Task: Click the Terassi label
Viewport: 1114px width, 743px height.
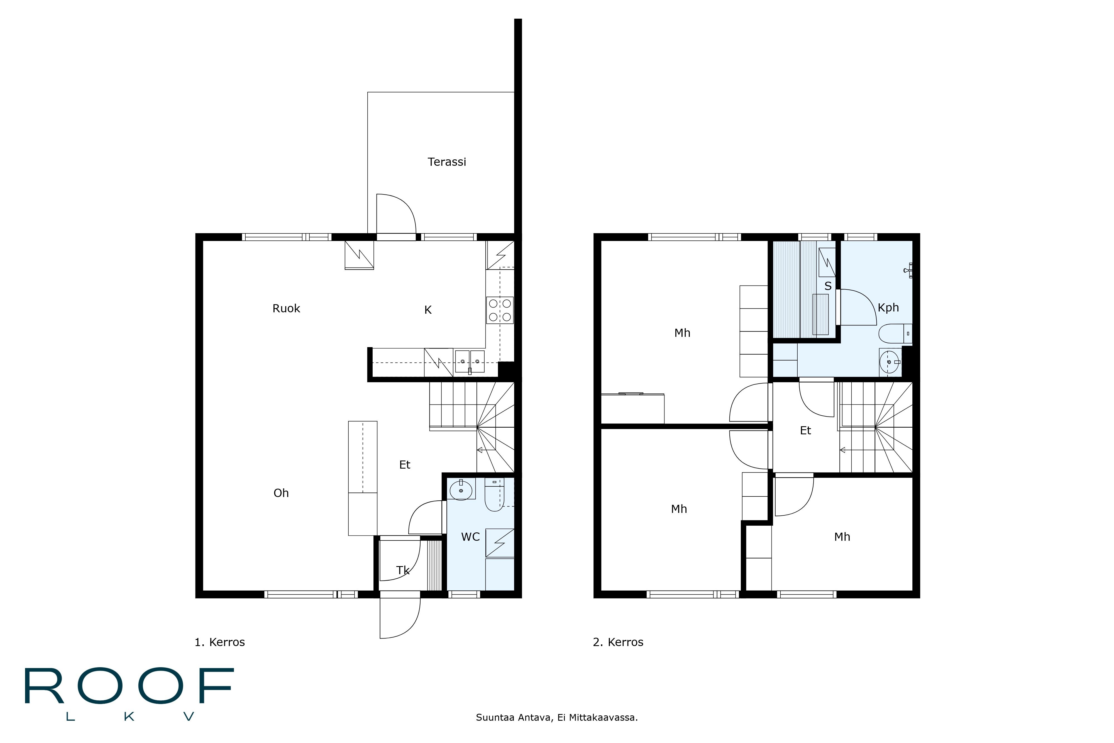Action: pos(447,162)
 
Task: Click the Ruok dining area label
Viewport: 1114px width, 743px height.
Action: pos(286,308)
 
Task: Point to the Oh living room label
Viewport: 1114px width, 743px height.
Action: pos(281,493)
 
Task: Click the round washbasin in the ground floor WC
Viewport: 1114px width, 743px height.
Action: pos(461,490)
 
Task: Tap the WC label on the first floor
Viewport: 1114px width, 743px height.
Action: pos(470,537)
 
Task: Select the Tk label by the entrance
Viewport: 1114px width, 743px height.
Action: pos(403,571)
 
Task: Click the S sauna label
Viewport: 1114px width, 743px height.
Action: pos(828,286)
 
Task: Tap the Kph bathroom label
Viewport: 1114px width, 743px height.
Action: pos(888,308)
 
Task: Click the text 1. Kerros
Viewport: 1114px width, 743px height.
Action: pos(220,642)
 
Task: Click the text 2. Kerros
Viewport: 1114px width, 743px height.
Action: pos(618,642)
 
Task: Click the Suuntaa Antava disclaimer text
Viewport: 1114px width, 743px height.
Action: pos(556,717)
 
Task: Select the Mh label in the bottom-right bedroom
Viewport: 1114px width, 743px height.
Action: pos(842,537)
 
